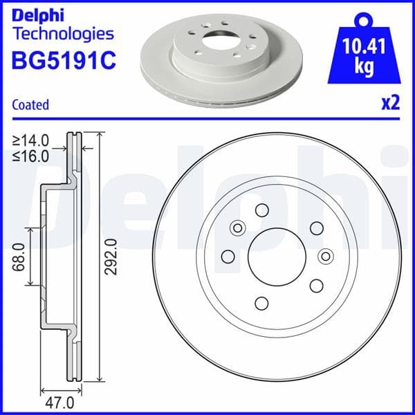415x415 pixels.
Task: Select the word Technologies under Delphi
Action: point(63,33)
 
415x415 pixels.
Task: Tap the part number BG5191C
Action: point(64,60)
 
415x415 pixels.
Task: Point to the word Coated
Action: point(30,105)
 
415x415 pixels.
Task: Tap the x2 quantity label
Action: point(391,104)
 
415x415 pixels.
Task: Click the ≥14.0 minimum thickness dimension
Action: point(31,142)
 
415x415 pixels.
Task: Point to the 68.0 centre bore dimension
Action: point(19,256)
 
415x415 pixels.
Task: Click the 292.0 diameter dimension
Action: point(111,256)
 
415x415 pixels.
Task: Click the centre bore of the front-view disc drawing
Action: point(276,257)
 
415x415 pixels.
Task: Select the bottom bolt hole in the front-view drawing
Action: point(262,302)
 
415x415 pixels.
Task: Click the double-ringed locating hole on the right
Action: point(324,256)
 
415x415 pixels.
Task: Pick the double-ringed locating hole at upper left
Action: point(237,228)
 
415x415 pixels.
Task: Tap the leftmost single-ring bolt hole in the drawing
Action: point(228,257)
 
